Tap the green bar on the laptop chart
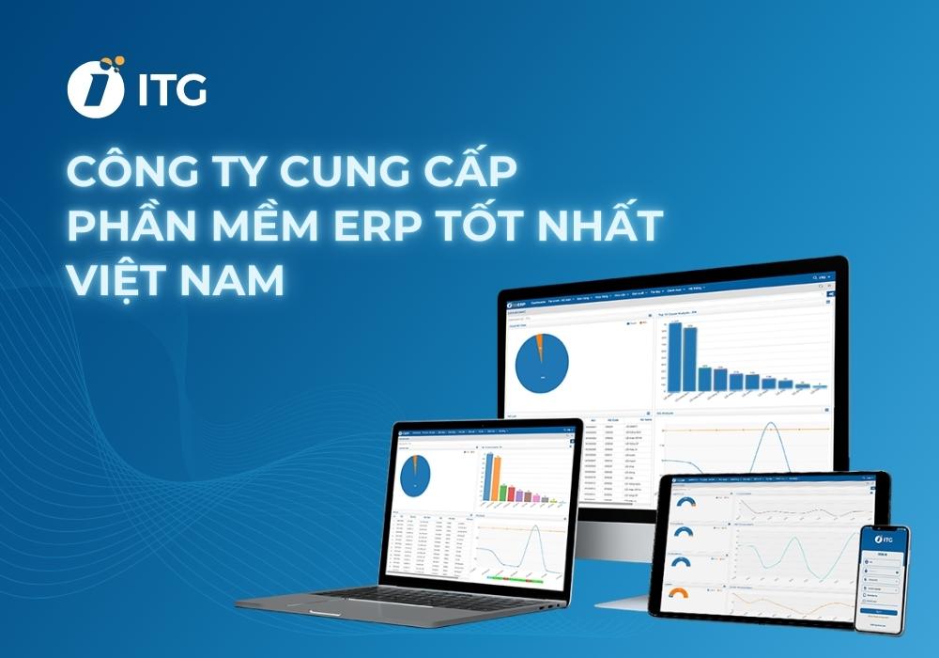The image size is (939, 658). pyautogui.click(x=503, y=492)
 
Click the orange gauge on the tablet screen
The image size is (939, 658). pyautogui.click(x=677, y=594)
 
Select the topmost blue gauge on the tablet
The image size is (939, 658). pyautogui.click(x=677, y=498)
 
